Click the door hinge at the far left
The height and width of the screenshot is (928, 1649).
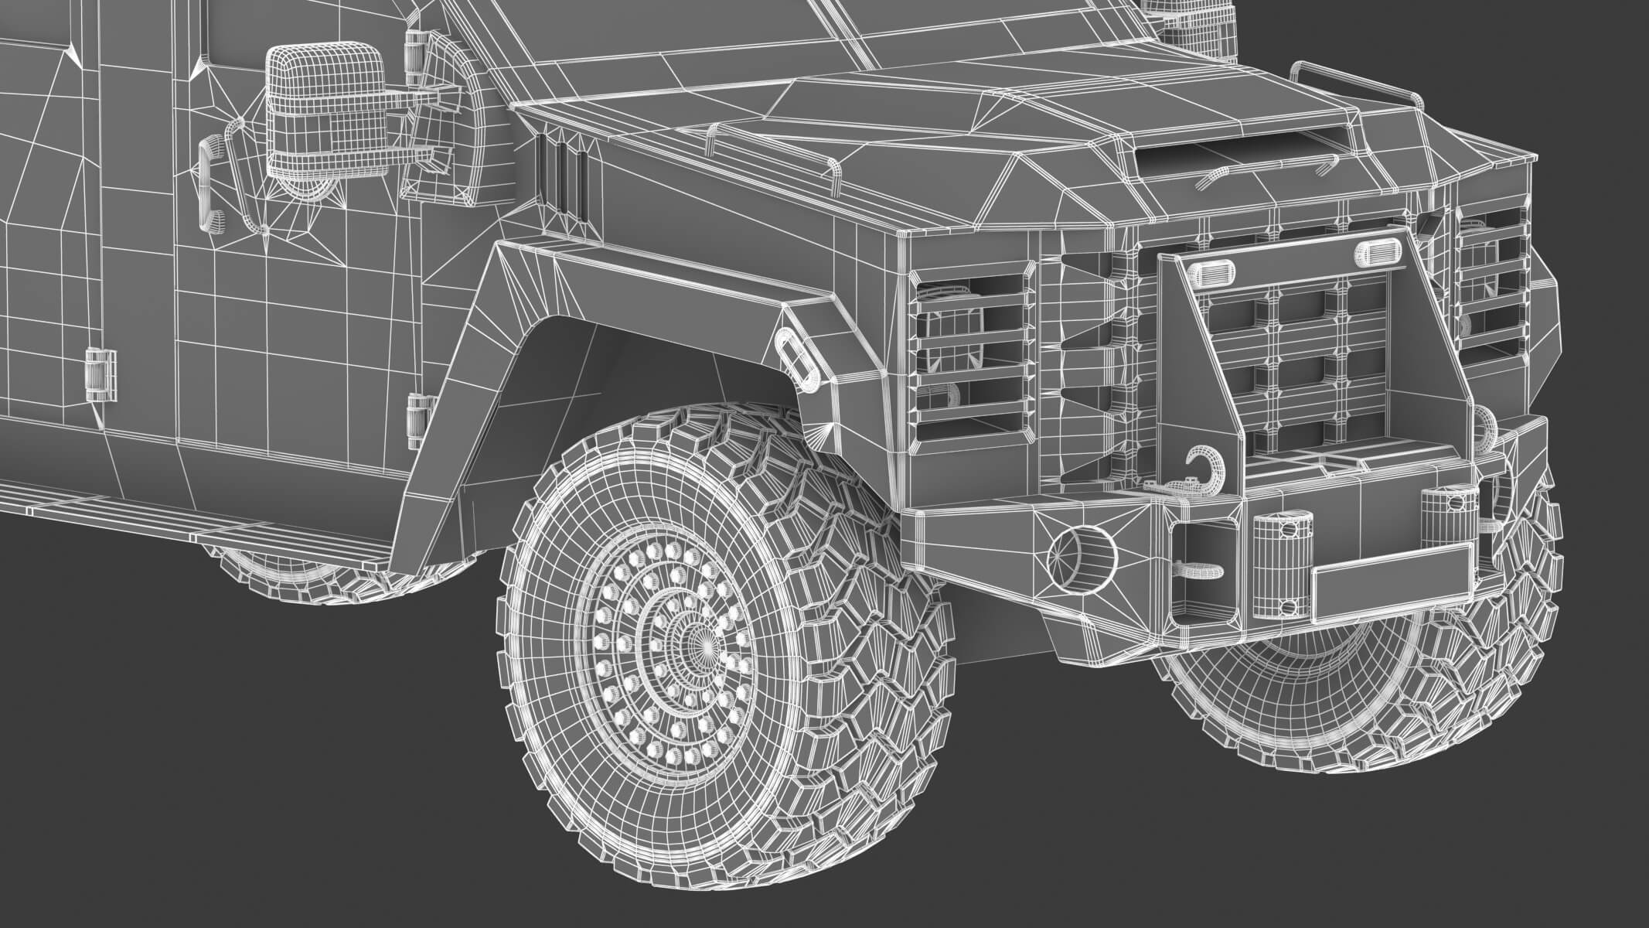pos(101,374)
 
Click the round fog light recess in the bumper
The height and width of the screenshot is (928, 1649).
pos(1081,556)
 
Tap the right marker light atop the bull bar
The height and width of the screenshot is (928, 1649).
pos(1373,250)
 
